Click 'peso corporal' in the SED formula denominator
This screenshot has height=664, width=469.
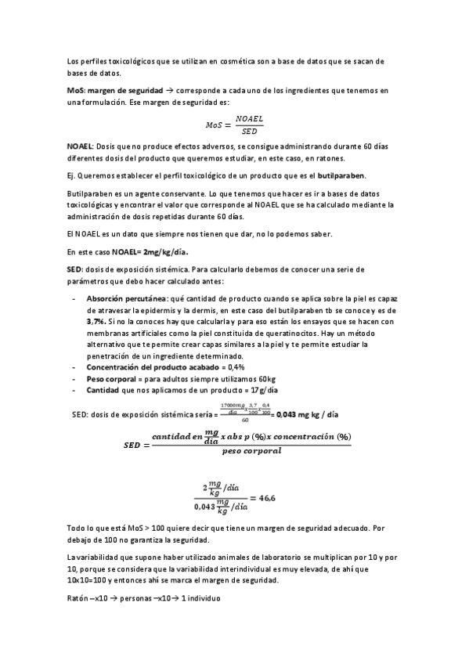click(263, 450)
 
